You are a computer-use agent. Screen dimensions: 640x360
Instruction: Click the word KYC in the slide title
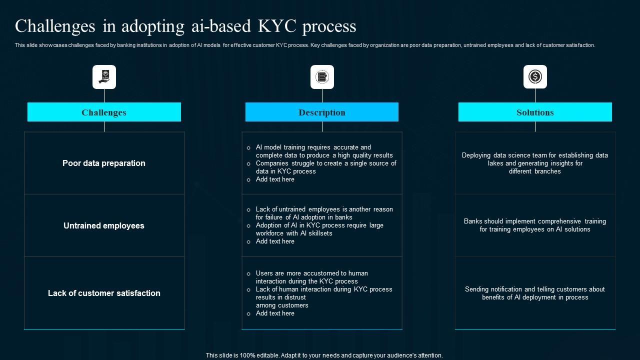pos(277,26)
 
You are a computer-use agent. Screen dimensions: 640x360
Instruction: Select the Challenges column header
pos(104,112)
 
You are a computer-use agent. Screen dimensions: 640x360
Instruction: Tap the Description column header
pos(322,112)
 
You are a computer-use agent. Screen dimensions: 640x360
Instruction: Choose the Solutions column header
pos(535,112)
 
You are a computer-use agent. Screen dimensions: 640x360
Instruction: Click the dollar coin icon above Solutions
pos(535,77)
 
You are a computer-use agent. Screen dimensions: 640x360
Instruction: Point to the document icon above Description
pos(322,77)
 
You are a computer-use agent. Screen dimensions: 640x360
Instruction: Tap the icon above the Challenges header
pos(104,77)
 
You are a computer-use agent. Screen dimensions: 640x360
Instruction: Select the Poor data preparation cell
pos(104,163)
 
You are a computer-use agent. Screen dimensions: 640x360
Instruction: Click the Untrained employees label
pos(104,226)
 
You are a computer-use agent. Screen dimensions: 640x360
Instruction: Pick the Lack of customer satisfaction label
pos(104,293)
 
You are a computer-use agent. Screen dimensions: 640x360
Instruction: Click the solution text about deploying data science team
pos(535,163)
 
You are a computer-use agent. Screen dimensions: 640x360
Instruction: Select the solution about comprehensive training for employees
pos(535,225)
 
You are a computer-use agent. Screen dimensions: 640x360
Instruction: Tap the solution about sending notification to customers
pos(535,293)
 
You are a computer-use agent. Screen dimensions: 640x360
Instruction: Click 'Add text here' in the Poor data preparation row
pos(275,179)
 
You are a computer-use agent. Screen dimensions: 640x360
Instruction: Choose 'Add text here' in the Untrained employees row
pos(275,241)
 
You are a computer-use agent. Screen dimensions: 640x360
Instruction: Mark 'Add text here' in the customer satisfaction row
pos(275,313)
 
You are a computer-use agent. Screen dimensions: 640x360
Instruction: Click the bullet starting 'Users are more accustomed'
pos(312,277)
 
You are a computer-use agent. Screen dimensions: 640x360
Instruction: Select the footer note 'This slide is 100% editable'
pos(324,355)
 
